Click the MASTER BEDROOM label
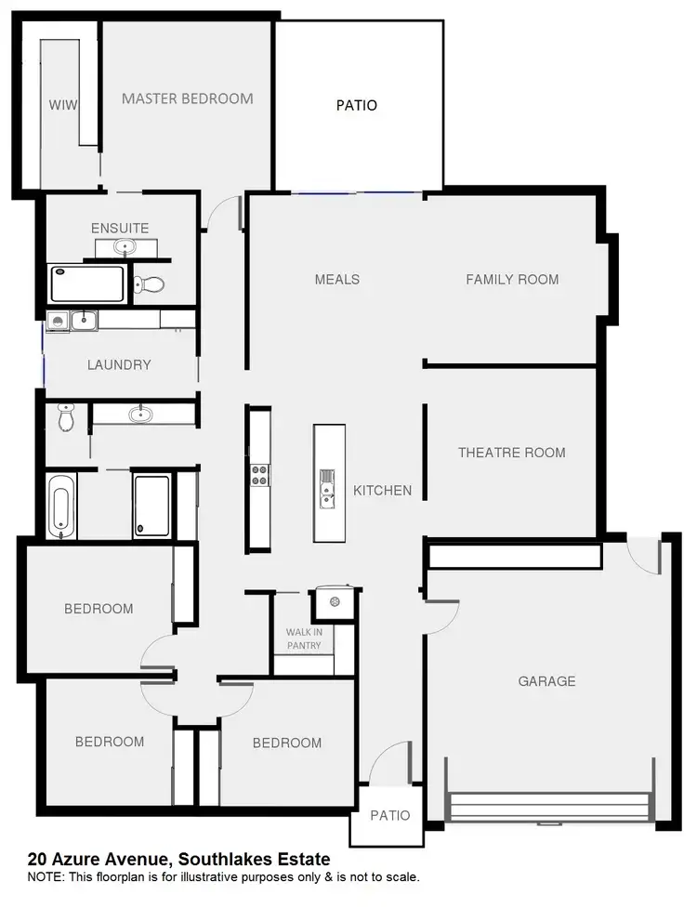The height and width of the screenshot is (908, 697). [187, 99]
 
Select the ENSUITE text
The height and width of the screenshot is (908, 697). [119, 228]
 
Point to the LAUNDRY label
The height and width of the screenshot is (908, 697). [119, 364]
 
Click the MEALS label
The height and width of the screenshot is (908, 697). [336, 279]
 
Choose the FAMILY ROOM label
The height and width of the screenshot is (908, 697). [512, 279]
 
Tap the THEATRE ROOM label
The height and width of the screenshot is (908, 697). [511, 453]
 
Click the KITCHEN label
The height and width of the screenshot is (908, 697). [382, 490]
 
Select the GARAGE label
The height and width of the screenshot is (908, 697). [546, 681]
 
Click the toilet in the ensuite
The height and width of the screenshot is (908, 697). [149, 283]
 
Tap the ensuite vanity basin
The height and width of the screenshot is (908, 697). [124, 246]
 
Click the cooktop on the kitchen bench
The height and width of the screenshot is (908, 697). [259, 475]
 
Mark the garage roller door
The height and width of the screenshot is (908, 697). [547, 805]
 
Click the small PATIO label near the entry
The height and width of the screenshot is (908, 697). [389, 815]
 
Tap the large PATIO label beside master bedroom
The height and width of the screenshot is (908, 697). [357, 105]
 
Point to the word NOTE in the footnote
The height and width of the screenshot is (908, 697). [45, 876]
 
